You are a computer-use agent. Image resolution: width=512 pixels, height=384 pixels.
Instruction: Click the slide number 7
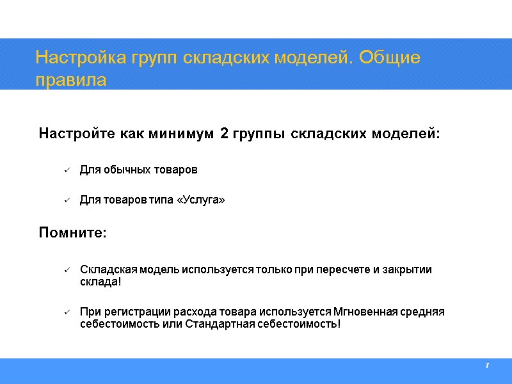click(x=487, y=365)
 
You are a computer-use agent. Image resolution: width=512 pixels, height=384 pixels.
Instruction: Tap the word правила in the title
click(x=70, y=81)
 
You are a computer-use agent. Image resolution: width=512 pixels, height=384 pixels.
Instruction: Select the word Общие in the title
click(x=390, y=58)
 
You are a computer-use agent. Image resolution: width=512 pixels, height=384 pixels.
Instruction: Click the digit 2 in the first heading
click(x=223, y=134)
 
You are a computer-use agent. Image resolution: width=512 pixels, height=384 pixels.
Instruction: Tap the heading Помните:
click(x=73, y=232)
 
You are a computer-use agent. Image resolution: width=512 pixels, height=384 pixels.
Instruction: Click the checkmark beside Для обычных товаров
click(x=67, y=170)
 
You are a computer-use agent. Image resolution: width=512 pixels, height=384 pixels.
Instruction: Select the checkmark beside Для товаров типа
click(x=67, y=201)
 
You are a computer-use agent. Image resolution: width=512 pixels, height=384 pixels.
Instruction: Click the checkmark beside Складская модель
click(x=67, y=270)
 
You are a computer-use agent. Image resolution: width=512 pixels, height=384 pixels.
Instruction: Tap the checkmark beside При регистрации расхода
click(x=67, y=312)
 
